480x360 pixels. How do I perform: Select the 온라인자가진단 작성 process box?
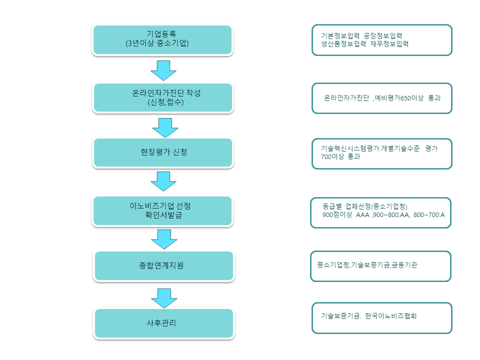tap(162, 97)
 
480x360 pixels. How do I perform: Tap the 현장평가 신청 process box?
tap(162, 152)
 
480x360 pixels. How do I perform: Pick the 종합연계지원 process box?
tap(164, 265)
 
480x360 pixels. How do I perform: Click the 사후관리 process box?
tap(164, 323)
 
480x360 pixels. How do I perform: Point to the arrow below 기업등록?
tap(163, 70)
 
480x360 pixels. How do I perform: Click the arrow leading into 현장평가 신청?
tap(165, 127)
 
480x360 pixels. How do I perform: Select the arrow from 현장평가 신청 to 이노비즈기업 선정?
tap(163, 181)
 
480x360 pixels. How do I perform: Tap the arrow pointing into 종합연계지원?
tap(164, 239)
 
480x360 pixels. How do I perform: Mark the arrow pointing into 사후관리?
tap(164, 298)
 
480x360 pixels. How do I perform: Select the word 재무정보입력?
tap(389, 44)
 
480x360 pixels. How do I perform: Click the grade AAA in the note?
tap(362, 214)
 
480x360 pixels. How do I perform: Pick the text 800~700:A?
tap(429, 214)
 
